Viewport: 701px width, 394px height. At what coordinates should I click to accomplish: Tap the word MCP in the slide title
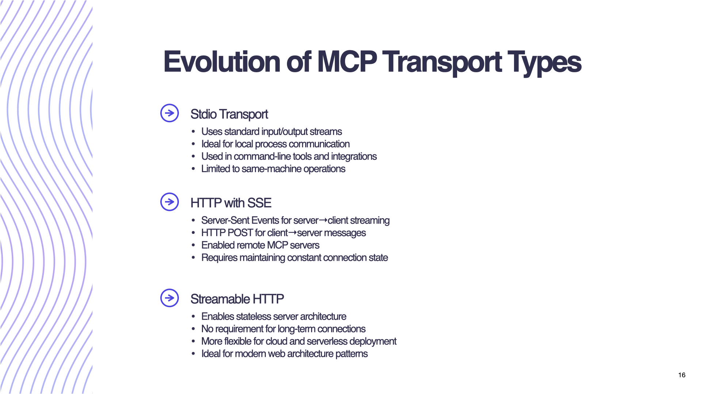(x=346, y=62)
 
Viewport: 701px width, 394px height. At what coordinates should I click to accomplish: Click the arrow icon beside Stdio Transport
(x=169, y=113)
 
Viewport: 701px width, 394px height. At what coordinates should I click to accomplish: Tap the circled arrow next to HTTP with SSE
(x=169, y=202)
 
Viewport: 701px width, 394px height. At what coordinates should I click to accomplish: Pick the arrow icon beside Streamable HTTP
(x=169, y=298)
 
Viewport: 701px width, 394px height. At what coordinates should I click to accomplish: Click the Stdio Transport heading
(x=229, y=114)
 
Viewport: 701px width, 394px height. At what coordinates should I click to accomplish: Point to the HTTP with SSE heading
(x=231, y=203)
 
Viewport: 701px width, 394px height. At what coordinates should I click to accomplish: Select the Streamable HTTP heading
(x=237, y=299)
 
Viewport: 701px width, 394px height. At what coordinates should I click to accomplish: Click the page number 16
(x=682, y=375)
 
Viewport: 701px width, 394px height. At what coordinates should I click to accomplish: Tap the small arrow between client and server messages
(x=292, y=232)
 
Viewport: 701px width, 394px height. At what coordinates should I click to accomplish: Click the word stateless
(x=253, y=317)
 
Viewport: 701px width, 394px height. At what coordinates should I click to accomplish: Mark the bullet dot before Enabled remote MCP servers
(x=193, y=246)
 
